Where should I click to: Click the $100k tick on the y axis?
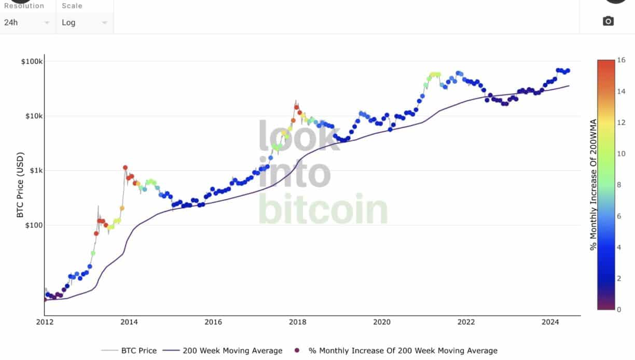click(32, 61)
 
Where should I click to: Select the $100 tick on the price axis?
click(33, 225)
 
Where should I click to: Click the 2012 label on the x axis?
click(44, 322)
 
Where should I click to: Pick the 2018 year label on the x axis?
click(297, 322)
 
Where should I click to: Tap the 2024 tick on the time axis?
click(550, 322)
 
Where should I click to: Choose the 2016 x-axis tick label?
click(213, 322)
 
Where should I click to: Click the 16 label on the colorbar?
click(622, 60)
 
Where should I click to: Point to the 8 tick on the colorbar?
click(619, 185)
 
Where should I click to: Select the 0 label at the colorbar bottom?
click(619, 309)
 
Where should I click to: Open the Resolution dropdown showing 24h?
click(26, 23)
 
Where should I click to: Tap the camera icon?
click(608, 21)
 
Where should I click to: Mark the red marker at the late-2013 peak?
click(125, 168)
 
